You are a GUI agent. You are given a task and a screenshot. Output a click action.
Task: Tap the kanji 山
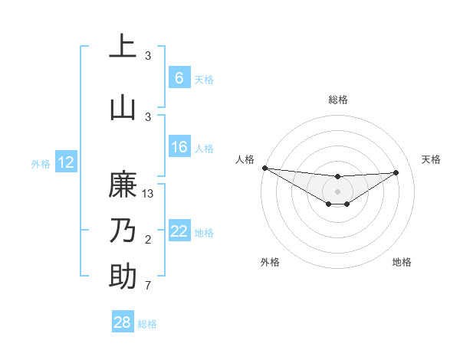[x=123, y=107]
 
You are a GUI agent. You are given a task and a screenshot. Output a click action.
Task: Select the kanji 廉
[x=123, y=185]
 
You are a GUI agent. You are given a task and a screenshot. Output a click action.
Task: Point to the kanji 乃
[x=123, y=231]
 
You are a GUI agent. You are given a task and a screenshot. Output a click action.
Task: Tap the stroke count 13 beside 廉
[x=149, y=194]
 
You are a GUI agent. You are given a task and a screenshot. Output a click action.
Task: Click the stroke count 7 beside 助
[x=148, y=286]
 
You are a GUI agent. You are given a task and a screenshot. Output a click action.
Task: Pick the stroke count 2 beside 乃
[x=148, y=240]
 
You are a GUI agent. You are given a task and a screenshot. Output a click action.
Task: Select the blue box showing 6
[x=179, y=78]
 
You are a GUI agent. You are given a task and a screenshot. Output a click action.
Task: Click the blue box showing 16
[x=179, y=147]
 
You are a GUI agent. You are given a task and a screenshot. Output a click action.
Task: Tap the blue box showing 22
[x=179, y=231]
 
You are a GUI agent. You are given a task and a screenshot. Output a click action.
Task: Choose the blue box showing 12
[x=66, y=162]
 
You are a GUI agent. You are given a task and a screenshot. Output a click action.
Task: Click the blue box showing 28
[x=123, y=323]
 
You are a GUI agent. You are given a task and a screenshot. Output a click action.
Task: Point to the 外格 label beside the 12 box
[x=41, y=163]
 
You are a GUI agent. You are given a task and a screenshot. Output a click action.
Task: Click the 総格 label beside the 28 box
[x=147, y=324]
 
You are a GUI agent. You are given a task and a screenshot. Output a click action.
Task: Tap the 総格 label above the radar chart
[x=337, y=100]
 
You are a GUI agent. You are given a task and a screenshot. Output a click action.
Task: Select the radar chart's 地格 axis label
[x=402, y=262]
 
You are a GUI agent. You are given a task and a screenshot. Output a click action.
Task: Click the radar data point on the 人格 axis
[x=264, y=168]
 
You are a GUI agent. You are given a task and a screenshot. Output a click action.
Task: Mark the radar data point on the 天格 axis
[x=396, y=172]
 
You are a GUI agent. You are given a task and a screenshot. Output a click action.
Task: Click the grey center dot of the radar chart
[x=337, y=191]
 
